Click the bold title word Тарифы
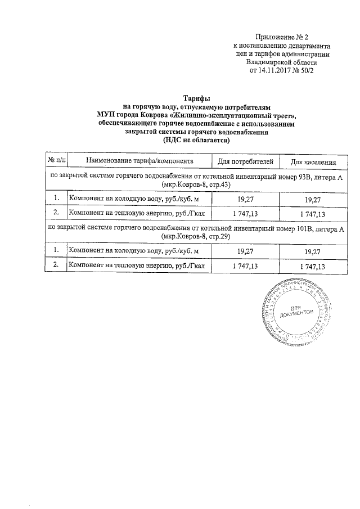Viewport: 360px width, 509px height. [196, 98]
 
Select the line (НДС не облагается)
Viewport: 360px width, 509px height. [196, 140]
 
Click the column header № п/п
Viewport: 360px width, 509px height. [56, 161]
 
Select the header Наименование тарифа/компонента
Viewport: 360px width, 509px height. [139, 161]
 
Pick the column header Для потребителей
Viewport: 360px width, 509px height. [245, 161]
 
